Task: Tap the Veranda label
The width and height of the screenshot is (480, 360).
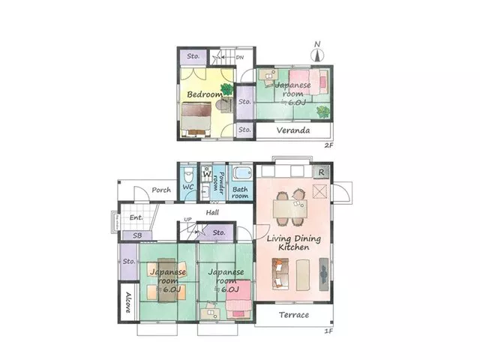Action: pos(293,130)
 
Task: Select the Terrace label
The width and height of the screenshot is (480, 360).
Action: pos(294,315)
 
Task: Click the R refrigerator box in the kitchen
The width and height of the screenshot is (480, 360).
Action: pos(321,172)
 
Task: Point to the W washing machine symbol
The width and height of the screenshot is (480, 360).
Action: pos(207,173)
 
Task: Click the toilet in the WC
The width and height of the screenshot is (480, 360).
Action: pos(187,175)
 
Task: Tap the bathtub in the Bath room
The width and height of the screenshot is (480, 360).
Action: pos(242,173)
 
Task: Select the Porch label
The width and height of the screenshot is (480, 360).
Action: pos(161,190)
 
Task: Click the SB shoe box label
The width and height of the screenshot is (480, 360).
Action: pos(137,235)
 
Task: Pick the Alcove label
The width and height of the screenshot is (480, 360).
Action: pos(128,302)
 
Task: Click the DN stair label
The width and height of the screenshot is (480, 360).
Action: pos(240,57)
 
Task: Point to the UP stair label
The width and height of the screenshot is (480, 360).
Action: pos(187,219)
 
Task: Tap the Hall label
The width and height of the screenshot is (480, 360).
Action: pos(212,212)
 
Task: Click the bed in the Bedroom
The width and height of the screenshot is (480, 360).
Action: pos(196,119)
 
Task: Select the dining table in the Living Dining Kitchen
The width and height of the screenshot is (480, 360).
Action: pos(290,208)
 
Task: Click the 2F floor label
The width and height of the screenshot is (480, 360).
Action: pos(328,145)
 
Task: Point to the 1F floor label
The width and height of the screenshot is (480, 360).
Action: pos(328,331)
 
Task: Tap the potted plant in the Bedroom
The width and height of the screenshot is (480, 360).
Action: pos(226,89)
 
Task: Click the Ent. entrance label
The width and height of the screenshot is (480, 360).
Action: pos(136,217)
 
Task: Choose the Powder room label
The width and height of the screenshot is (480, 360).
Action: pos(218,183)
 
